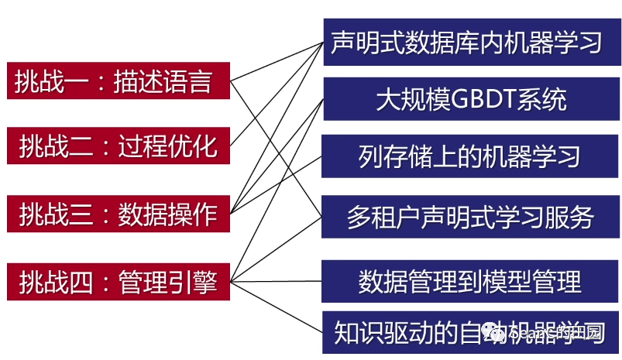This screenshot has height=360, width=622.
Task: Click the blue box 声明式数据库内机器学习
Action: pyautogui.click(x=468, y=42)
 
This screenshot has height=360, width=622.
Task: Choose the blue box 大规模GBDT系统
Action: pyautogui.click(x=468, y=99)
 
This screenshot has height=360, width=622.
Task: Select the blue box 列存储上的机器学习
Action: pyautogui.click(x=468, y=157)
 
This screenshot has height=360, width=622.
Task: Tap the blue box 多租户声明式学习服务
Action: pyautogui.click(x=468, y=217)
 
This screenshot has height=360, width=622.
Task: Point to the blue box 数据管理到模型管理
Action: pyautogui.click(x=468, y=280)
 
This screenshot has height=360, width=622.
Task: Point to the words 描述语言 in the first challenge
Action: pyautogui.click(x=163, y=81)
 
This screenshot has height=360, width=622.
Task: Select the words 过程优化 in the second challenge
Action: pyautogui.click(x=167, y=145)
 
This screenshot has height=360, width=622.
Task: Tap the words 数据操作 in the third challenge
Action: pyautogui.click(x=167, y=213)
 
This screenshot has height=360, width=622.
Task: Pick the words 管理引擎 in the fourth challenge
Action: pyautogui.click(x=167, y=280)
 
